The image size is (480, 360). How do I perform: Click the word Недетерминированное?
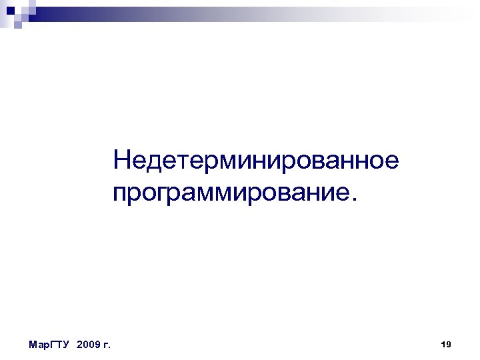point(256,161)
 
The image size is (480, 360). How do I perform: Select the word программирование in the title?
point(231,193)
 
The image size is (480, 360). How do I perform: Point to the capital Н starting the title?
point(122,161)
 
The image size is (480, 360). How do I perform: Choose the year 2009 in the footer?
point(88,345)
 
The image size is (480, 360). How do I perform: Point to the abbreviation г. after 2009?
point(107,345)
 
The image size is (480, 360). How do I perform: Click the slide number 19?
point(447,344)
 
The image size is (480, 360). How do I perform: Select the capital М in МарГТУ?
point(33,345)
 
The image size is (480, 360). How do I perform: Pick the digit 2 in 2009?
point(80,345)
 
